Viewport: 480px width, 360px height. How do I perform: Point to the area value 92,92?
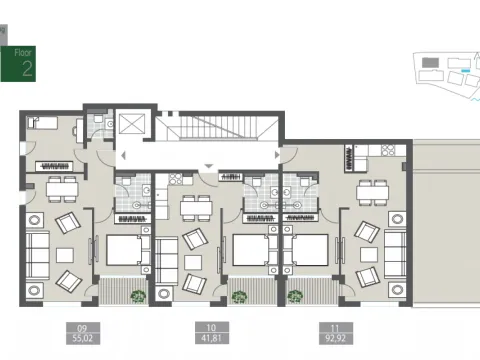pos(328,336)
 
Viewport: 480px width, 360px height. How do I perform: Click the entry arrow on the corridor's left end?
pos(122,156)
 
